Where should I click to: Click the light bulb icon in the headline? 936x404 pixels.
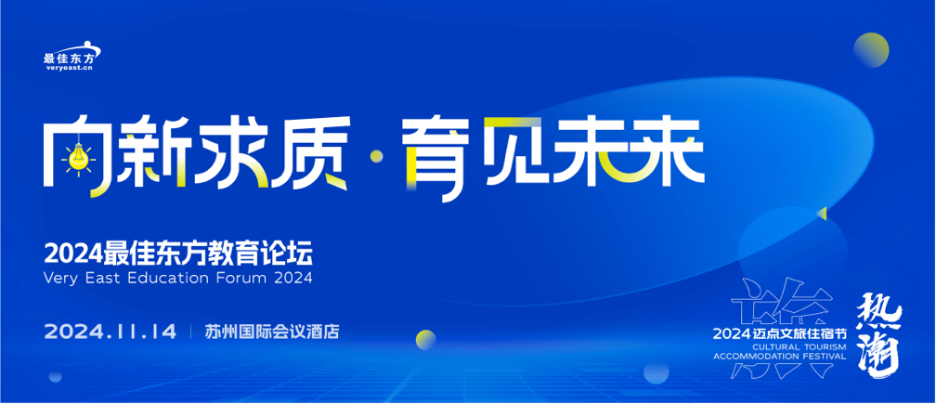(x=77, y=158)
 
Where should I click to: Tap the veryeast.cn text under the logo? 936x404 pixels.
(x=70, y=68)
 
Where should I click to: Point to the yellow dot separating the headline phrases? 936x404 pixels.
(x=377, y=156)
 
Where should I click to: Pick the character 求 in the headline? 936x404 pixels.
(x=232, y=151)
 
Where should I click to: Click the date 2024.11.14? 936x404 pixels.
(x=110, y=332)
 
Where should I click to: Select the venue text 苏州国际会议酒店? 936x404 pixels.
(x=271, y=332)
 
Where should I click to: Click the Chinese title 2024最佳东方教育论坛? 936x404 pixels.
(x=178, y=254)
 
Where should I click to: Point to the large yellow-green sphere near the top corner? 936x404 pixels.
(x=871, y=50)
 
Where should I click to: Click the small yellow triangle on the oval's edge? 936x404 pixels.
(x=823, y=213)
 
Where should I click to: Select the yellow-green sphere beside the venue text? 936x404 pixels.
(x=425, y=339)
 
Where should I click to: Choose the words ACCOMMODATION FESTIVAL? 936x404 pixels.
(x=780, y=357)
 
